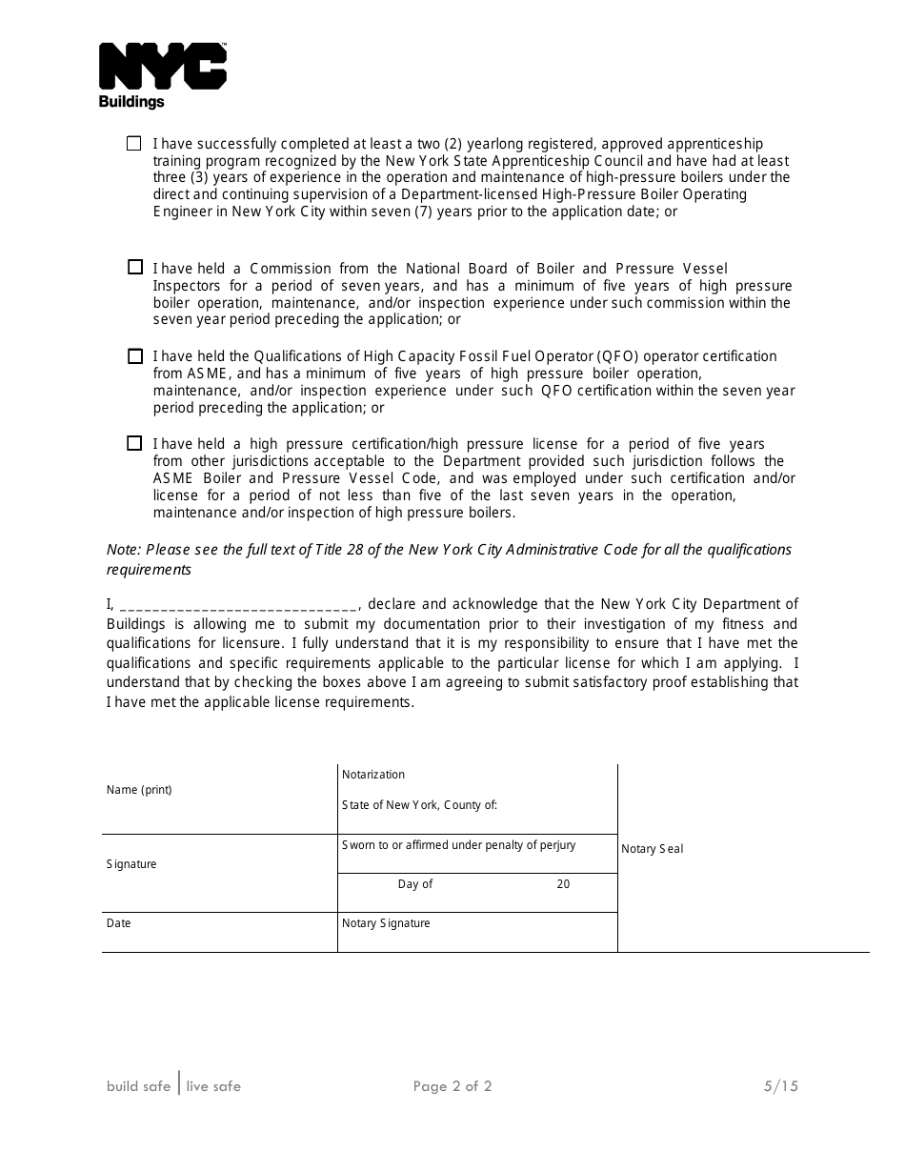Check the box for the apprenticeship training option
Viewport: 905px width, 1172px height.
coord(134,143)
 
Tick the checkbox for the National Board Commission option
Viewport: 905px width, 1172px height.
coord(135,268)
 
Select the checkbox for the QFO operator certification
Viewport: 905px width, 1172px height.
coord(135,355)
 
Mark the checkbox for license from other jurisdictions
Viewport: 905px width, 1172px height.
coord(135,443)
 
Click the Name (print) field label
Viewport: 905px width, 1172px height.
coord(139,790)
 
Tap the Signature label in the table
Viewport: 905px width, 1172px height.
coord(131,864)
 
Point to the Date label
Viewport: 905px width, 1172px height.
coord(119,923)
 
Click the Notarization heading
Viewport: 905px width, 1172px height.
coord(373,775)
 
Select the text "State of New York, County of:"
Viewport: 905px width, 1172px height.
coord(419,805)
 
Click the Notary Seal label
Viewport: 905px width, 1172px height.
coord(653,849)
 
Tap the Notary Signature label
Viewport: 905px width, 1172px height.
coord(386,923)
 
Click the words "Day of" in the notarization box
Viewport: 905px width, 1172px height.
coord(415,884)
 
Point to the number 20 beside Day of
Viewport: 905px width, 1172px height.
coord(563,884)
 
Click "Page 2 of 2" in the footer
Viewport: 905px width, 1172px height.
coord(452,1086)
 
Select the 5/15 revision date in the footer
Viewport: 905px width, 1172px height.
coord(780,1086)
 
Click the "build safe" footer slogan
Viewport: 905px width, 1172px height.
coord(139,1086)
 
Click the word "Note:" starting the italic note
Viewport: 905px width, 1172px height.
coord(123,550)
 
